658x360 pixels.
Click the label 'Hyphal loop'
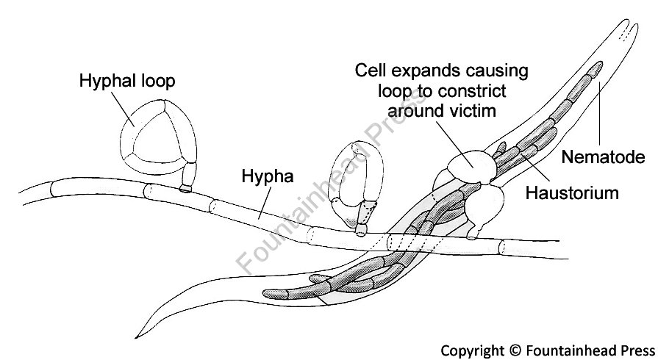[126, 79]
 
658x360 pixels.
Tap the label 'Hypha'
[268, 177]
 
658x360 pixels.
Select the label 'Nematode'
[603, 156]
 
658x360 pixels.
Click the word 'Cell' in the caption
[371, 71]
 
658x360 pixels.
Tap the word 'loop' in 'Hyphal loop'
[156, 79]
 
